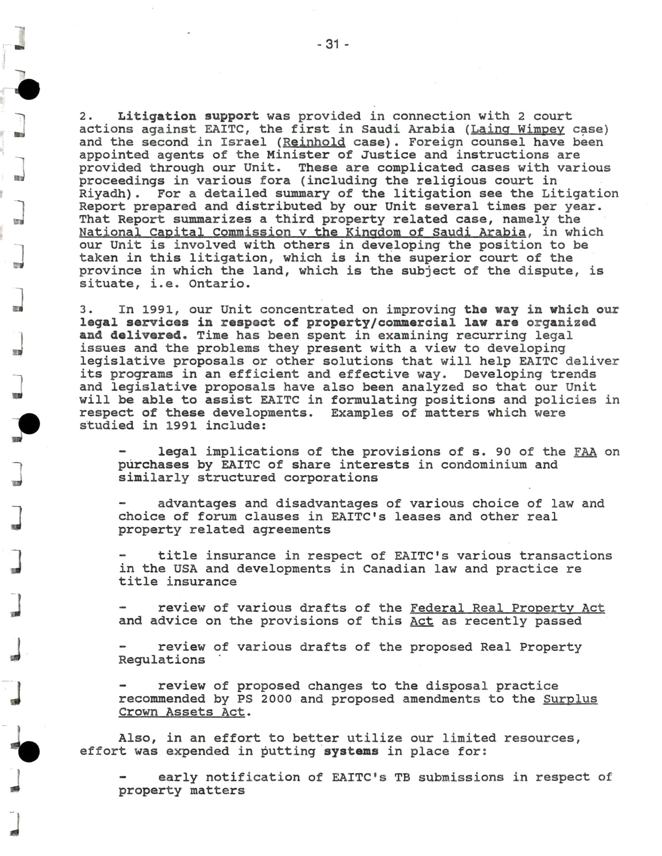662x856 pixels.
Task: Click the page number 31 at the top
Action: (332, 44)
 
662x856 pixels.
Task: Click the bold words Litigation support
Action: (188, 116)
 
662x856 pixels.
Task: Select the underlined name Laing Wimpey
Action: (518, 129)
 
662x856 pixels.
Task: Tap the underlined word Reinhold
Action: (314, 142)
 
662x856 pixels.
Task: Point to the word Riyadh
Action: (103, 194)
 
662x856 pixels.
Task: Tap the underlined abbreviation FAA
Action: (585, 452)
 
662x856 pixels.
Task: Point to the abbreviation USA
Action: (185, 569)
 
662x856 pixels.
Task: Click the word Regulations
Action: (162, 660)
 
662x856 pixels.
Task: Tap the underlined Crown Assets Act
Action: (182, 712)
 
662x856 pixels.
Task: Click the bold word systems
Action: (351, 751)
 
